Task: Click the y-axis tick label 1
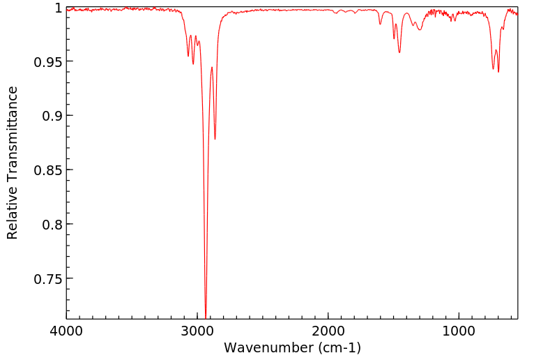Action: click(58, 8)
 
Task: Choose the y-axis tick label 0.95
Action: click(47, 61)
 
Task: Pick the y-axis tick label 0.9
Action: click(52, 116)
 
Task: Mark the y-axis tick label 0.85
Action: click(47, 170)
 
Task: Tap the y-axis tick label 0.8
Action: click(52, 225)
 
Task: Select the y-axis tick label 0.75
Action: click(47, 279)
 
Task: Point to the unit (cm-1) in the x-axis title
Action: click(339, 347)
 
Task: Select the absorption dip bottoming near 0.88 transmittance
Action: click(215, 139)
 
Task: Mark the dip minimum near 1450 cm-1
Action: click(399, 52)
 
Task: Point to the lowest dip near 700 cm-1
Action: click(498, 72)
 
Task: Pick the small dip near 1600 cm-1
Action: click(380, 24)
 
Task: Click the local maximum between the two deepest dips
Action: click(212, 68)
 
